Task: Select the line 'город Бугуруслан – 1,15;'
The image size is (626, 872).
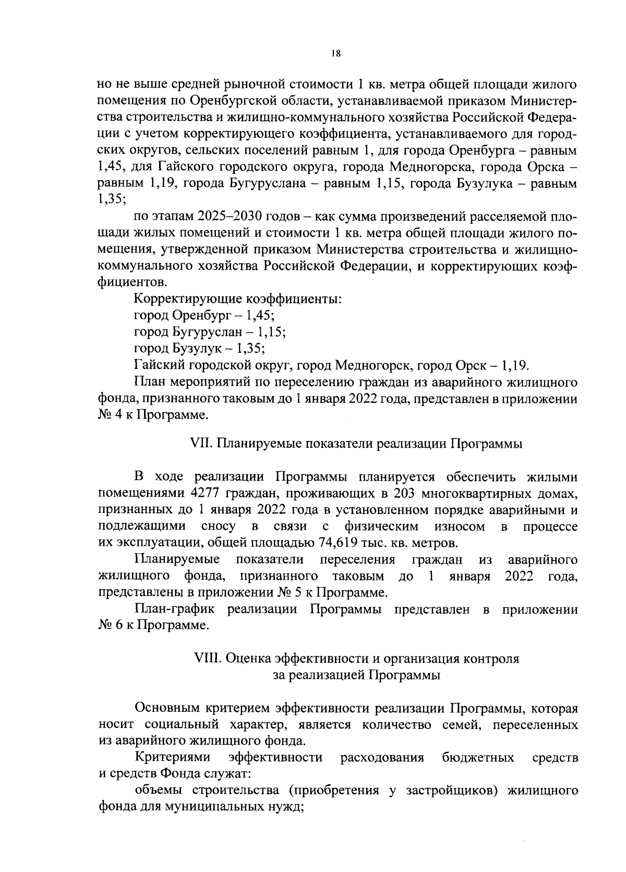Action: [209, 332]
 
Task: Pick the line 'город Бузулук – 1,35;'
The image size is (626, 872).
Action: [199, 348]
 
